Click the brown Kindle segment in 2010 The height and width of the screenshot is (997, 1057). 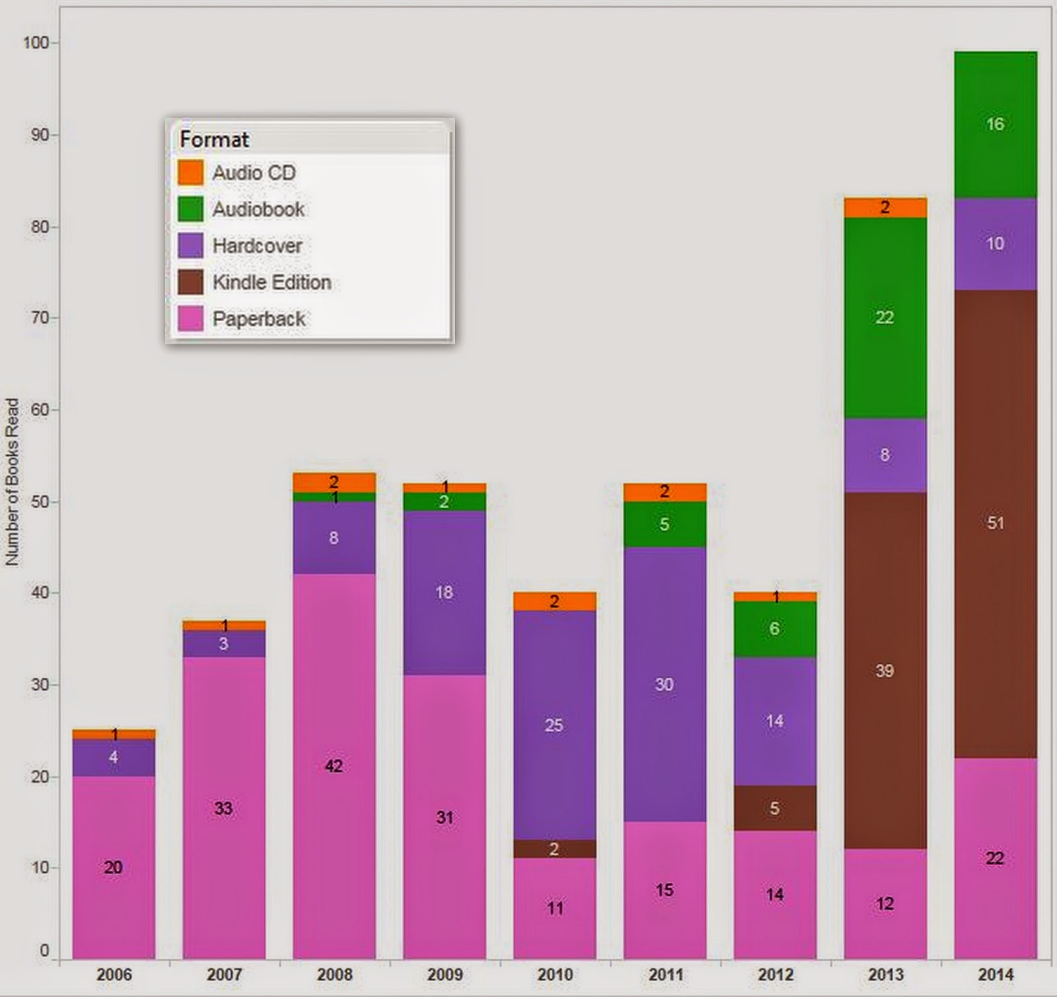555,849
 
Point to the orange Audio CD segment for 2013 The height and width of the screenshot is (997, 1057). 885,208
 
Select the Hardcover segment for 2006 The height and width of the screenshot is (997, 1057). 114,758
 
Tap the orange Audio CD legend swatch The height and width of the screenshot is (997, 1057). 191,173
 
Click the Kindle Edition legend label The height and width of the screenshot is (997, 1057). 272,283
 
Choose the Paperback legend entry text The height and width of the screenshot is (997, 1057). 258,319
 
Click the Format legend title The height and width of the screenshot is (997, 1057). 214,139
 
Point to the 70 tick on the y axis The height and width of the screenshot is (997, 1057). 40,318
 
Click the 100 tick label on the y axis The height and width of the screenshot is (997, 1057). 36,43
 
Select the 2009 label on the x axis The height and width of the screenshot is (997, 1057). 445,975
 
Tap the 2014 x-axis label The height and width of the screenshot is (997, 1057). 996,975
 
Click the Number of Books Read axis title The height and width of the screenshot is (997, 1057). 12,482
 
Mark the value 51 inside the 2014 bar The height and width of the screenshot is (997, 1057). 996,523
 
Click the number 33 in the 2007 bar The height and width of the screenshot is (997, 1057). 223,808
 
